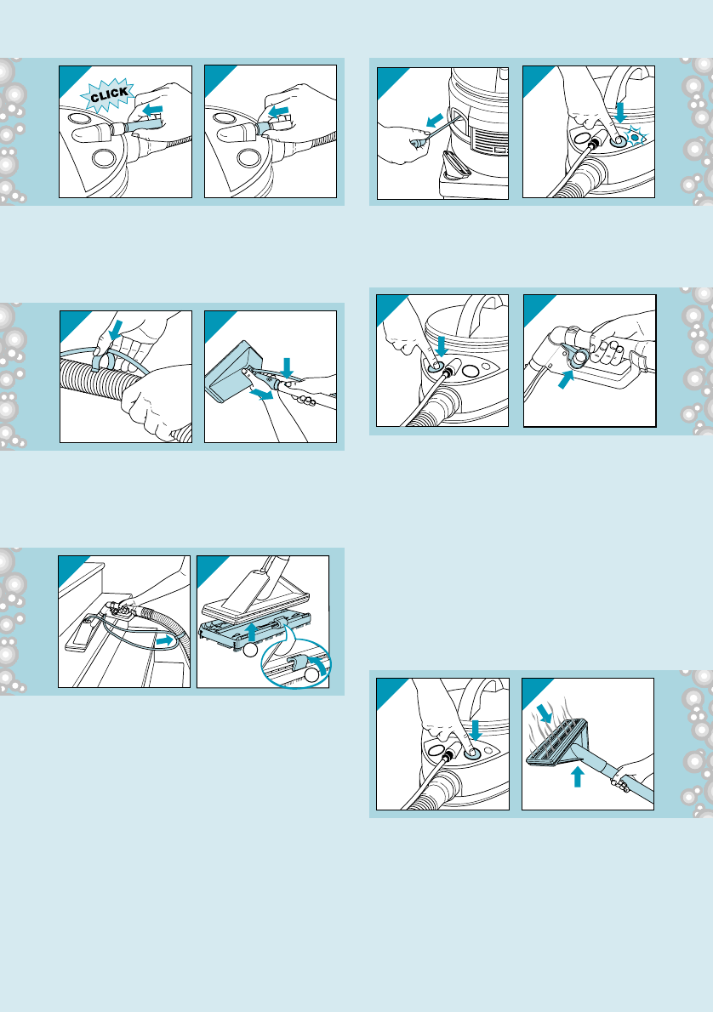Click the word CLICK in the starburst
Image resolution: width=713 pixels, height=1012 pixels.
click(109, 95)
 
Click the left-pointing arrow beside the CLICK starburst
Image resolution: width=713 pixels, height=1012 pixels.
click(152, 111)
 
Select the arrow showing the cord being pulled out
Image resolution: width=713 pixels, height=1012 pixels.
click(435, 121)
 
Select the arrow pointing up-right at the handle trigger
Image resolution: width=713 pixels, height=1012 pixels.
click(564, 380)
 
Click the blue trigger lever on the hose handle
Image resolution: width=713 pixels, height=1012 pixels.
click(575, 356)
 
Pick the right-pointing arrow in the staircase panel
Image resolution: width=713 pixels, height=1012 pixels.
click(167, 641)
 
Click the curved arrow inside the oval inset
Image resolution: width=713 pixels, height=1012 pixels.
click(317, 664)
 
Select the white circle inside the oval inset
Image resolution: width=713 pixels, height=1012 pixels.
click(312, 676)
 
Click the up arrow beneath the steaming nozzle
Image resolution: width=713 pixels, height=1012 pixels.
click(578, 776)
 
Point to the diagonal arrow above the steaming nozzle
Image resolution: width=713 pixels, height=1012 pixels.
click(545, 714)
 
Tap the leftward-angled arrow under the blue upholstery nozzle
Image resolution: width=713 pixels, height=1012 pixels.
click(261, 394)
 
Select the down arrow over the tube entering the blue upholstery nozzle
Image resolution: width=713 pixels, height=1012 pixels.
click(288, 367)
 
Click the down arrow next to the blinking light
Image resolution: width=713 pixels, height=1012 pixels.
click(620, 111)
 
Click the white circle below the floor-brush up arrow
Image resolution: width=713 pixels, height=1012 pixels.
click(251, 650)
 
